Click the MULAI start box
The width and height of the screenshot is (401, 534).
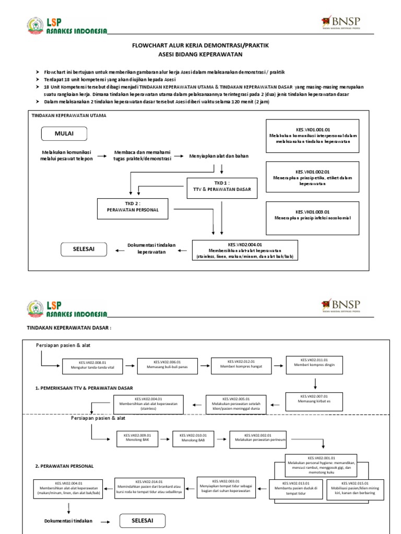(64, 133)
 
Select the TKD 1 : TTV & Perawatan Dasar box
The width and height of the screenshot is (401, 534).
(222, 187)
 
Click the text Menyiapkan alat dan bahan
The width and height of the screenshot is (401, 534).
(219, 156)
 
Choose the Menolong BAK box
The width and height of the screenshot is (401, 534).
(137, 438)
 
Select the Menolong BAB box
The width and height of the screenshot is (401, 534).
(193, 438)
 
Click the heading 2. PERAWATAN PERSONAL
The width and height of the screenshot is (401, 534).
(64, 466)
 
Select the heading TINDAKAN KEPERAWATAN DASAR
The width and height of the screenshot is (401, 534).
(69, 328)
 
